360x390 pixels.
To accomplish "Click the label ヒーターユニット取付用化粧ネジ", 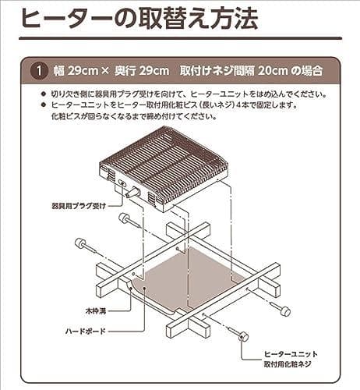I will pos(291,360).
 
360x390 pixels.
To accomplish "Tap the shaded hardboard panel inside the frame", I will pos(187,277).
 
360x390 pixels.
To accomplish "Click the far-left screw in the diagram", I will pos(81,244).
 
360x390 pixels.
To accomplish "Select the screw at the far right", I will pos(282,310).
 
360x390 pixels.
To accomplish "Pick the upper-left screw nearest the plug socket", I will pos(125,219).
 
